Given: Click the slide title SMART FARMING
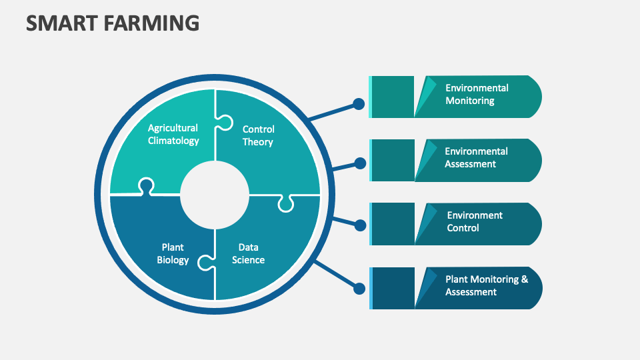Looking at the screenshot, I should click(113, 23).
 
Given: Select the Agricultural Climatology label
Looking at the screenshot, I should click(173, 134).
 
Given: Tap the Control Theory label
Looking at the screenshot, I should click(258, 135).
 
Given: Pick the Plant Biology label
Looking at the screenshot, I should click(173, 253).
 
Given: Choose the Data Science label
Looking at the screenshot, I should click(248, 253).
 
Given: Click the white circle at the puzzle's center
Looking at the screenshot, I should click(215, 195).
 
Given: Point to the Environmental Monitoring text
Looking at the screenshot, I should click(477, 94).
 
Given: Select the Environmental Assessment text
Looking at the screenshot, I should click(476, 157).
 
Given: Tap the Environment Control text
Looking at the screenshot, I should click(474, 221).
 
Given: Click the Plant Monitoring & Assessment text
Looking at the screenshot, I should click(486, 285).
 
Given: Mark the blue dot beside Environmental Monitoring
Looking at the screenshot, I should click(359, 104).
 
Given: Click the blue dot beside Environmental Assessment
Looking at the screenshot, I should click(360, 163).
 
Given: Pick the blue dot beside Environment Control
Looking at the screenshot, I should click(360, 225).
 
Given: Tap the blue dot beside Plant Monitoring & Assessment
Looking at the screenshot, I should click(359, 289).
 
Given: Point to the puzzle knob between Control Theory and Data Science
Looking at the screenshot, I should click(285, 203).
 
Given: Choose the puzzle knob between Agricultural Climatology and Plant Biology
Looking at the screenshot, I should click(145, 186).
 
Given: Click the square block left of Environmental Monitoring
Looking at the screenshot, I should click(393, 97).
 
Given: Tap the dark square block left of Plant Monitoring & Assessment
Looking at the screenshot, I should click(393, 288).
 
